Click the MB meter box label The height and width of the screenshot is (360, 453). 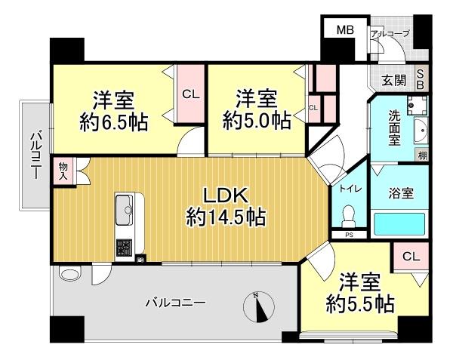click(x=346, y=29)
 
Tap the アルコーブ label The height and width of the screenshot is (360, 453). click(x=390, y=34)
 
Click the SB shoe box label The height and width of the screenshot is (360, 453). click(x=421, y=79)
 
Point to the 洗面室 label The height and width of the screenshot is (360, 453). click(x=394, y=128)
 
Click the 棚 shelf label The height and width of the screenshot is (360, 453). click(x=422, y=156)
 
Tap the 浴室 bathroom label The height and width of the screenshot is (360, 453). click(x=401, y=193)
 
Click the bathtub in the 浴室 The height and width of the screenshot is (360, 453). click(x=399, y=224)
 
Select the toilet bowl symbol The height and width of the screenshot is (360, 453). click(x=349, y=217)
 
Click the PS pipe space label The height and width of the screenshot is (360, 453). click(x=349, y=235)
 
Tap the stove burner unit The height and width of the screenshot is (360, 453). click(x=125, y=248)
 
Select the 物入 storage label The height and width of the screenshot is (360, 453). click(x=63, y=171)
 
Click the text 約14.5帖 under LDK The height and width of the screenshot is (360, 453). click(x=226, y=217)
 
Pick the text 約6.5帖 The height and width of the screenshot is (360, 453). click(x=114, y=122)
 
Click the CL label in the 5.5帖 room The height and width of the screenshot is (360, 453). click(x=411, y=256)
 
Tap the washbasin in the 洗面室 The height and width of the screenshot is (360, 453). click(x=421, y=131)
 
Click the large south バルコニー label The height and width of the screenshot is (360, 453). click(x=175, y=303)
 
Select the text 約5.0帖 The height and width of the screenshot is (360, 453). click(x=257, y=121)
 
